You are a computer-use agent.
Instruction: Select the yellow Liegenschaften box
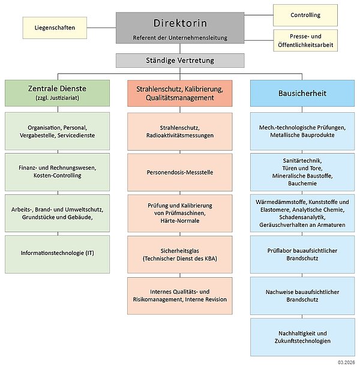click(54, 26)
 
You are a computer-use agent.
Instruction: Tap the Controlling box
click(305, 14)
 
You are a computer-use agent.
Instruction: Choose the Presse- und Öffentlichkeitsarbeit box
click(305, 40)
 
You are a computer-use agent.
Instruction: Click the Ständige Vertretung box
click(180, 61)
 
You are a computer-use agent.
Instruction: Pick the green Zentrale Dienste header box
click(58, 93)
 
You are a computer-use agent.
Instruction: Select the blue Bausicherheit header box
click(302, 93)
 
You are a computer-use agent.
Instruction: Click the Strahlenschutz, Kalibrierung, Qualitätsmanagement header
click(180, 93)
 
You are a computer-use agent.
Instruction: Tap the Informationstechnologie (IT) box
click(58, 253)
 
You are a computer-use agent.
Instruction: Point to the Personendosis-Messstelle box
click(180, 172)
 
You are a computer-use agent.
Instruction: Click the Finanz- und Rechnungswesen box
click(58, 170)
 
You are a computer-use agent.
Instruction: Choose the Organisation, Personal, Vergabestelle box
click(58, 131)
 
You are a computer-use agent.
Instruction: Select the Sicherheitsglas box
click(180, 254)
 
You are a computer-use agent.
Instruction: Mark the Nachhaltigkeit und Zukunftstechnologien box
click(302, 337)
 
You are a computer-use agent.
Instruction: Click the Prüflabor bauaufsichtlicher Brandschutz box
click(302, 254)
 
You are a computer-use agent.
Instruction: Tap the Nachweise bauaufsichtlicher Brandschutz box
click(302, 295)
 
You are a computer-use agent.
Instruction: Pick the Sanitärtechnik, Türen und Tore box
click(302, 171)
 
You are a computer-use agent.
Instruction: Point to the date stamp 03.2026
click(347, 363)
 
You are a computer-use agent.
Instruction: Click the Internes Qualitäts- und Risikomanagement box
click(180, 295)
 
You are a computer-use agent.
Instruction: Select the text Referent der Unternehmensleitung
click(180, 38)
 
